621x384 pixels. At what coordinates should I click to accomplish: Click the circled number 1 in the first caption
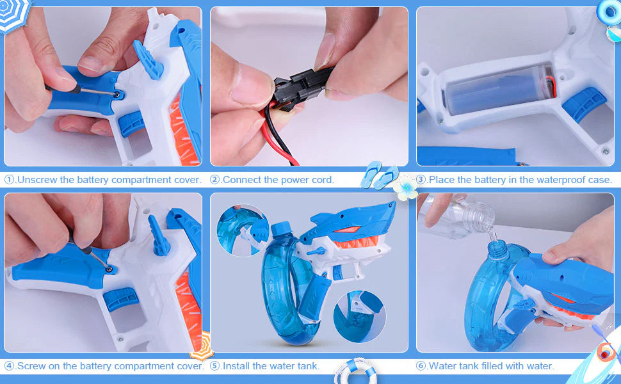tap(10, 180)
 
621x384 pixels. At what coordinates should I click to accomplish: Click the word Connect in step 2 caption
tap(241, 180)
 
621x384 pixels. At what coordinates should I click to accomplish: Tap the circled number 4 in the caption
tap(10, 366)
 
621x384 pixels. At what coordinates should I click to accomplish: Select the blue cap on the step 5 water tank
tap(281, 230)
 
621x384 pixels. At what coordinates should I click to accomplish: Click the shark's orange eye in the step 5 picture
tap(347, 229)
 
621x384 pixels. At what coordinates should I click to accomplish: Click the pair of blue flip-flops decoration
tap(380, 175)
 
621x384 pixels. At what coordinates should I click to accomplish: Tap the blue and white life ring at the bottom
tap(356, 371)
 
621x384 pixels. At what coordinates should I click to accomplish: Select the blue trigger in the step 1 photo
tap(132, 124)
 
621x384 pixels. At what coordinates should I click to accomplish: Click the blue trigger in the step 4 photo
tap(121, 299)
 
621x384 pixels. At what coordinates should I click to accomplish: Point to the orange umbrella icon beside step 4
tap(202, 346)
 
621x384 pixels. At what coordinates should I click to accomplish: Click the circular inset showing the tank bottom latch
tap(360, 317)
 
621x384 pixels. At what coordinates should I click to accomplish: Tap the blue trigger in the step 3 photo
tap(584, 104)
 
